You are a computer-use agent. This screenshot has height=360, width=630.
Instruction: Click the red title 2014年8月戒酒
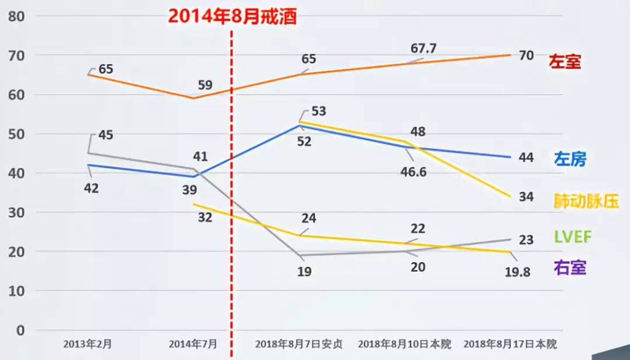(x=233, y=15)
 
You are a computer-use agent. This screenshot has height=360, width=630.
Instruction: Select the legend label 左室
(x=565, y=61)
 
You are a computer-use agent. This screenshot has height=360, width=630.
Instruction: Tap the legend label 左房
(x=570, y=159)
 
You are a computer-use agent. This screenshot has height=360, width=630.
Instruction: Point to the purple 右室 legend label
(x=569, y=267)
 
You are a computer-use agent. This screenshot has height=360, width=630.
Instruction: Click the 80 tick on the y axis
(x=17, y=16)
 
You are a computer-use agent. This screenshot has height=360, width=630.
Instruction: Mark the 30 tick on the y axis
(x=17, y=212)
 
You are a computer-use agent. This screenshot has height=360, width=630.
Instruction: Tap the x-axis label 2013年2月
(x=87, y=344)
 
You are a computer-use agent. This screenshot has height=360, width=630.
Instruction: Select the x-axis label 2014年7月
(x=193, y=344)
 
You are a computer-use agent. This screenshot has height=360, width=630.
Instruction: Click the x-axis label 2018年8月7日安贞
(x=299, y=344)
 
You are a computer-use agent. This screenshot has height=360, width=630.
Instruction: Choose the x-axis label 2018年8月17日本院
(x=510, y=344)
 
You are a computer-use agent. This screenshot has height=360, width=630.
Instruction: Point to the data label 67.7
(x=425, y=48)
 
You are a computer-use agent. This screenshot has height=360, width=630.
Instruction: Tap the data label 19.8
(x=516, y=271)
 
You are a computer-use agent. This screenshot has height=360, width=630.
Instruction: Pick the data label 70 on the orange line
(x=526, y=56)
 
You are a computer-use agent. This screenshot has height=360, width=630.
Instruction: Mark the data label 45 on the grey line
(x=106, y=135)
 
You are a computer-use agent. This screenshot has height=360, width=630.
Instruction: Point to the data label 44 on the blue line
(x=526, y=158)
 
